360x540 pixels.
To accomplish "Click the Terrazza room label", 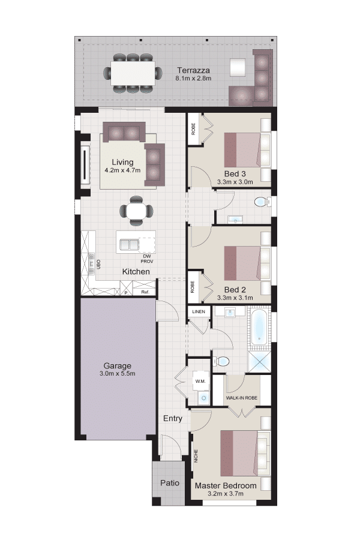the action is point(193,70).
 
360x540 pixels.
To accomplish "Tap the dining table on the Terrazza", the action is point(133,73).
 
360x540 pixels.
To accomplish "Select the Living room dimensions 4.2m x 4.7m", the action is point(122,170).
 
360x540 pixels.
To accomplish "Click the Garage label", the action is point(117,366).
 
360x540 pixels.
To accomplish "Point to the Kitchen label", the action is point(136,271).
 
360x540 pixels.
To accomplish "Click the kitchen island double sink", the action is point(129,244).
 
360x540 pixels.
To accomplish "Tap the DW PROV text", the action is point(147,259).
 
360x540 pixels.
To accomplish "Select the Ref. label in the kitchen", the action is point(145,292).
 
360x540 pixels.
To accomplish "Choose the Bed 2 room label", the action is point(235,290).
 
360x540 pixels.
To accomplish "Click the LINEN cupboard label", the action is point(199,311).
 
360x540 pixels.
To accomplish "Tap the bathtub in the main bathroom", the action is point(259,328).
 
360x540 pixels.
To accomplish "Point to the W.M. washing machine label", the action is point(200,381).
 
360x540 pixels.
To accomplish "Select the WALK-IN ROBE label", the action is point(241,398).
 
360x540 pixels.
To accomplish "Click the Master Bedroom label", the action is point(226,485).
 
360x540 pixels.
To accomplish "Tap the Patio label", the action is point(169,483).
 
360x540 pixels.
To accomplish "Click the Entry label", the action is point(173,418).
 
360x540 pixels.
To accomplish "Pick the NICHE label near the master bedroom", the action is point(196,455).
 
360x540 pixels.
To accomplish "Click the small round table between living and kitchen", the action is point(136,211).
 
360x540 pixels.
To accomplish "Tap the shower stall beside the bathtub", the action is point(259,362).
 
